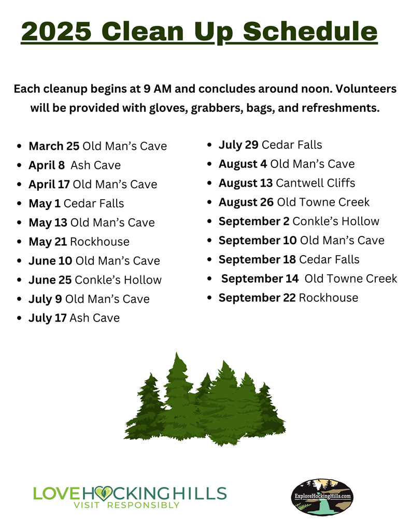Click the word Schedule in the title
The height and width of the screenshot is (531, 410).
pos(310,31)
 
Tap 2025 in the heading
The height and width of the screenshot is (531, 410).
pos(56,32)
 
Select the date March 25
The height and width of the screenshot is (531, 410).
pos(54,146)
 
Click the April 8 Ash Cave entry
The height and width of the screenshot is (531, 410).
pos(75,165)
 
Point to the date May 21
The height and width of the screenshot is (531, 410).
pos(48,242)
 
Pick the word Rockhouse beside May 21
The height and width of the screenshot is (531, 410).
pos(100,242)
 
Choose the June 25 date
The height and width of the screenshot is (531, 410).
pos(50,280)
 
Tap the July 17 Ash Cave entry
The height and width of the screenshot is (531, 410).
pos(74,318)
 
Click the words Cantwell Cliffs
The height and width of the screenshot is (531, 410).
pos(316,183)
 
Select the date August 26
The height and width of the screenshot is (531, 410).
pos(246,202)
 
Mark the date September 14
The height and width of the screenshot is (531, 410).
pos(260,278)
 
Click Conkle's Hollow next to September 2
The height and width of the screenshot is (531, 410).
pos(336,221)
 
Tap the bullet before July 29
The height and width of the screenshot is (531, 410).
pos(209,145)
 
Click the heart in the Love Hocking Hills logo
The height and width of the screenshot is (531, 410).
pos(103,494)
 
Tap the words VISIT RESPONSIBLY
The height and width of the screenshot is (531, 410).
pos(126,505)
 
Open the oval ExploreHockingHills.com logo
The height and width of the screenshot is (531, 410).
pos(322,497)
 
